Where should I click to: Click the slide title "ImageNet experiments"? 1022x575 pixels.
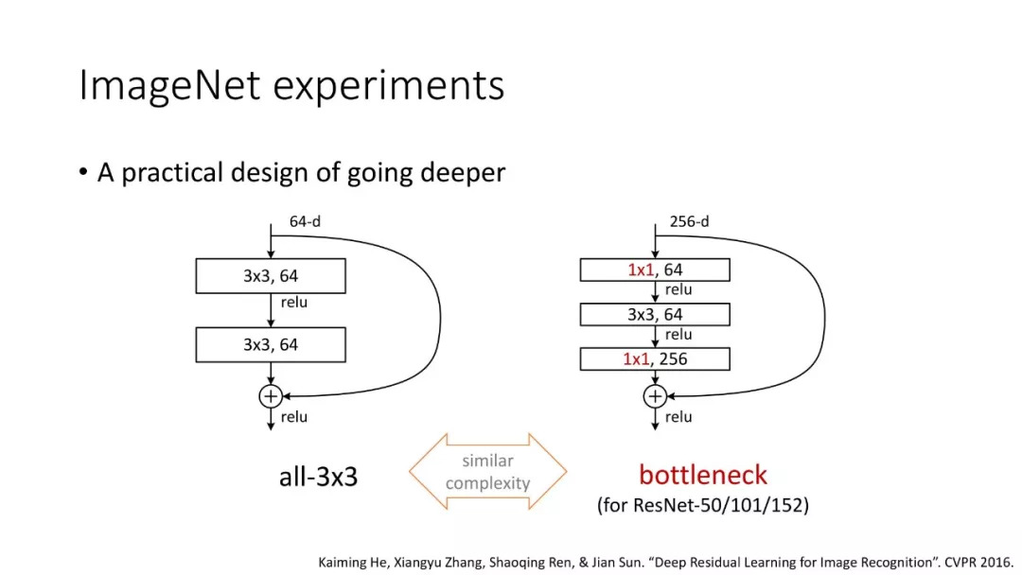point(291,85)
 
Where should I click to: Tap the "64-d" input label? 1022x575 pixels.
point(306,223)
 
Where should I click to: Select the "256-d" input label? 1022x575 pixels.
point(689,222)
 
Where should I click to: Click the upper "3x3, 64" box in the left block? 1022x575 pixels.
point(271,276)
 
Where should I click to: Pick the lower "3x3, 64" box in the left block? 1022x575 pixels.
point(271,345)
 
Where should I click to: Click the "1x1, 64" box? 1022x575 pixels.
point(654,270)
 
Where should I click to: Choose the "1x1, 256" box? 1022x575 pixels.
point(654,359)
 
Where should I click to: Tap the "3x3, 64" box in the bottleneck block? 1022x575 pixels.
point(654,315)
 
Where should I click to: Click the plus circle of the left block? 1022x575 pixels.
point(271,396)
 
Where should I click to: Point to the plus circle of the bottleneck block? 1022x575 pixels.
point(654,396)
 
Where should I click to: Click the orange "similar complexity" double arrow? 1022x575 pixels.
point(487,472)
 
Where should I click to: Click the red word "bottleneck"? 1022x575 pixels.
point(702,475)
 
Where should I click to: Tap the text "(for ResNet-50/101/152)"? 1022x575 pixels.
point(702,505)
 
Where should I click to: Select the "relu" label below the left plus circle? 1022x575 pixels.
point(294,417)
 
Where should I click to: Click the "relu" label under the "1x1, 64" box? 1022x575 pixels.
point(678,290)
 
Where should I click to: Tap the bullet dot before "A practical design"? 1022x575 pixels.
point(83,173)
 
